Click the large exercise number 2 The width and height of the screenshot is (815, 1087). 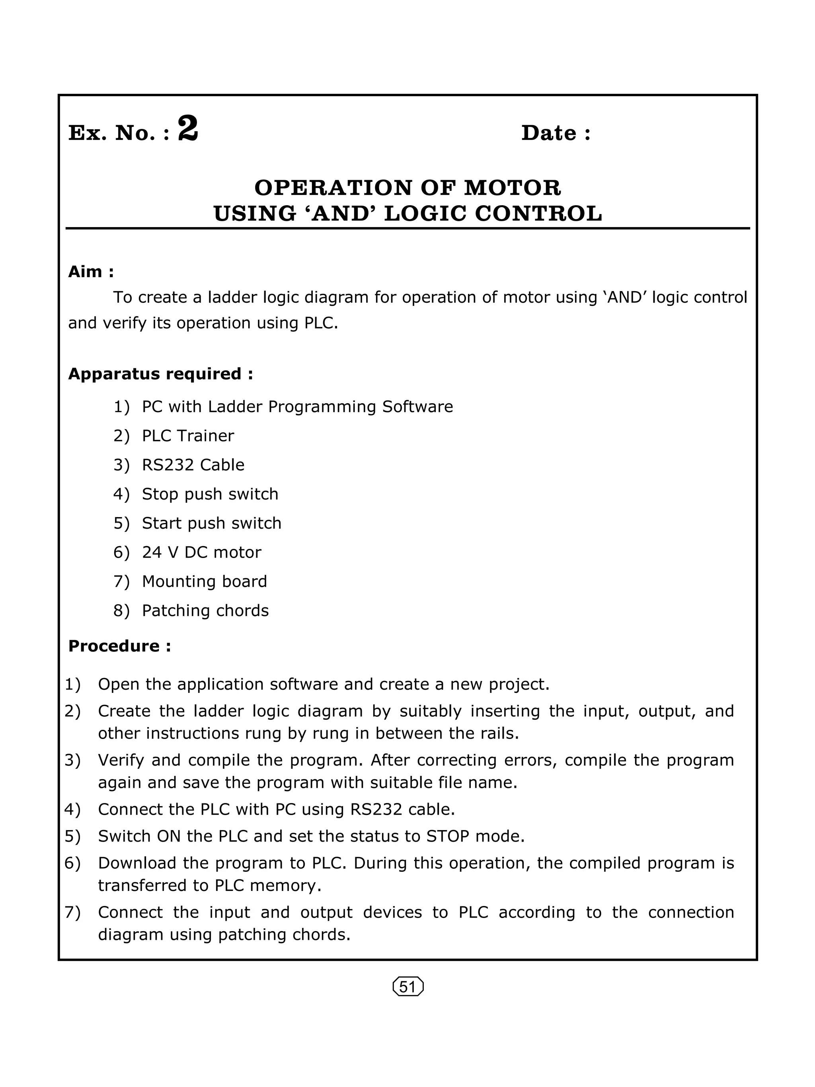coord(188,129)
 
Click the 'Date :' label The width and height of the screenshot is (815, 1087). coord(556,133)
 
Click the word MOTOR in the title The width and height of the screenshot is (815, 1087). coord(512,188)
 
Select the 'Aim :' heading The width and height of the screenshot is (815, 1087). coord(91,272)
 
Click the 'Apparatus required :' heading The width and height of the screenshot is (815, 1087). coord(160,374)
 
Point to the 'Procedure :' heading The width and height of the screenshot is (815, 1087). coord(119,646)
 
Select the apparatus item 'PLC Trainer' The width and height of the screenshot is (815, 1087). coord(188,436)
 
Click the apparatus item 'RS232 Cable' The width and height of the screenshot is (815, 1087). coord(193,465)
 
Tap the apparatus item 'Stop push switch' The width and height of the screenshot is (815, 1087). coord(210,494)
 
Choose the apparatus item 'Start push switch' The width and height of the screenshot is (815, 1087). coord(211,523)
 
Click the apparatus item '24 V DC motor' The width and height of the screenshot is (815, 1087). coord(201,552)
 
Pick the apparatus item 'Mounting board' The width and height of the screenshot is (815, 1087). coord(204,581)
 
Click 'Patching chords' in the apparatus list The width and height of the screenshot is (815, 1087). coord(205,611)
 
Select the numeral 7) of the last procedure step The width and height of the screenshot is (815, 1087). coord(72,912)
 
